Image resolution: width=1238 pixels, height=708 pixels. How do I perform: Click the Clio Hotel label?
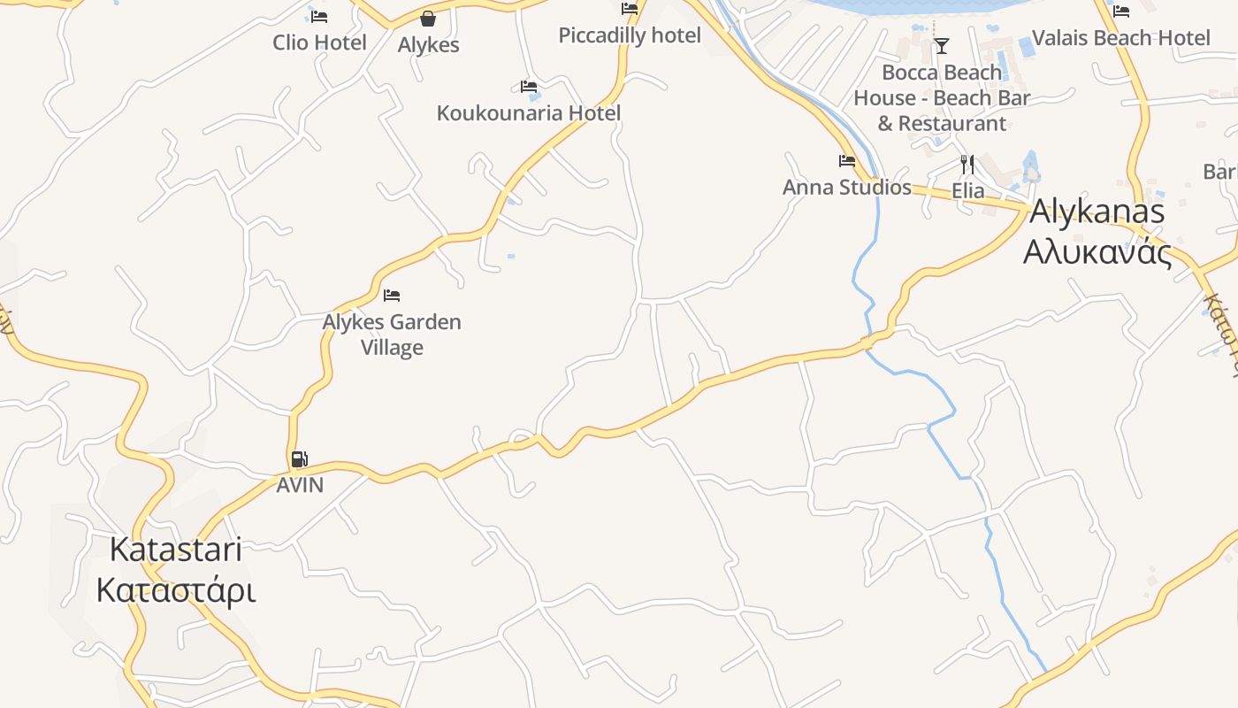click(319, 42)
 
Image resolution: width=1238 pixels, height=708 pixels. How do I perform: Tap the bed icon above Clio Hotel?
click(319, 16)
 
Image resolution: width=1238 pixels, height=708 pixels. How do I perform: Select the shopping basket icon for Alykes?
click(428, 19)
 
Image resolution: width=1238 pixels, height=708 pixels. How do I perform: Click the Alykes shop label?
click(429, 45)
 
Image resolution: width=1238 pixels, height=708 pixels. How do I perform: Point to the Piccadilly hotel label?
click(630, 35)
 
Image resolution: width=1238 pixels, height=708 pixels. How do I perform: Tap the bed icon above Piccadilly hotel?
click(630, 9)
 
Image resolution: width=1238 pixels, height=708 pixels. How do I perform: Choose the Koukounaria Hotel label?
click(529, 113)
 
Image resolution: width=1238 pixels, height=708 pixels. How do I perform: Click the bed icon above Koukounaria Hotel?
click(529, 87)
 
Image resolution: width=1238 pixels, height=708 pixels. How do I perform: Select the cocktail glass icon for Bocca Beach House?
click(942, 45)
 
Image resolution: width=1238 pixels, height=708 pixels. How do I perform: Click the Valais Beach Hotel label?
click(1121, 38)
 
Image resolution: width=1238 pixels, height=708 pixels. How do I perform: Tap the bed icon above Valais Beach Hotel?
click(1121, 12)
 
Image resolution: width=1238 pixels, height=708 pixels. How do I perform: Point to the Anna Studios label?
click(847, 188)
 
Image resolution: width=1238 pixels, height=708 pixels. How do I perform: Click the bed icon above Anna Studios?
click(847, 161)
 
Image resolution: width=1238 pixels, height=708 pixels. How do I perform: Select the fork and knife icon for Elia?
click(967, 165)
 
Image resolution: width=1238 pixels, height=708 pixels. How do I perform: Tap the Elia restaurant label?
click(968, 191)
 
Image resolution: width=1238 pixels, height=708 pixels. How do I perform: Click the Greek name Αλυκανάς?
click(1097, 252)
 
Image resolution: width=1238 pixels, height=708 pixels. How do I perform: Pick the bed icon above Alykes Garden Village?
click(392, 295)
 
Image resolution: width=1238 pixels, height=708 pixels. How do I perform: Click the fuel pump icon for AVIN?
click(300, 458)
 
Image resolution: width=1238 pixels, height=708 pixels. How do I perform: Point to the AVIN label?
click(300, 485)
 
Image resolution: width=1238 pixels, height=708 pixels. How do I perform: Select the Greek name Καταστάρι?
click(176, 590)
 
